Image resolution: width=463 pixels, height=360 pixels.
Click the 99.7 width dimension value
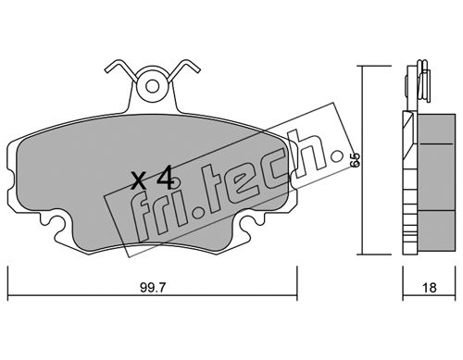(x=153, y=288)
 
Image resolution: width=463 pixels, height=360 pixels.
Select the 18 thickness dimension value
(x=430, y=288)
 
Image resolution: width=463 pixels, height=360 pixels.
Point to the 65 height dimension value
(x=356, y=159)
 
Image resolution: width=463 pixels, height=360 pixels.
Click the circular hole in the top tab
(x=153, y=87)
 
